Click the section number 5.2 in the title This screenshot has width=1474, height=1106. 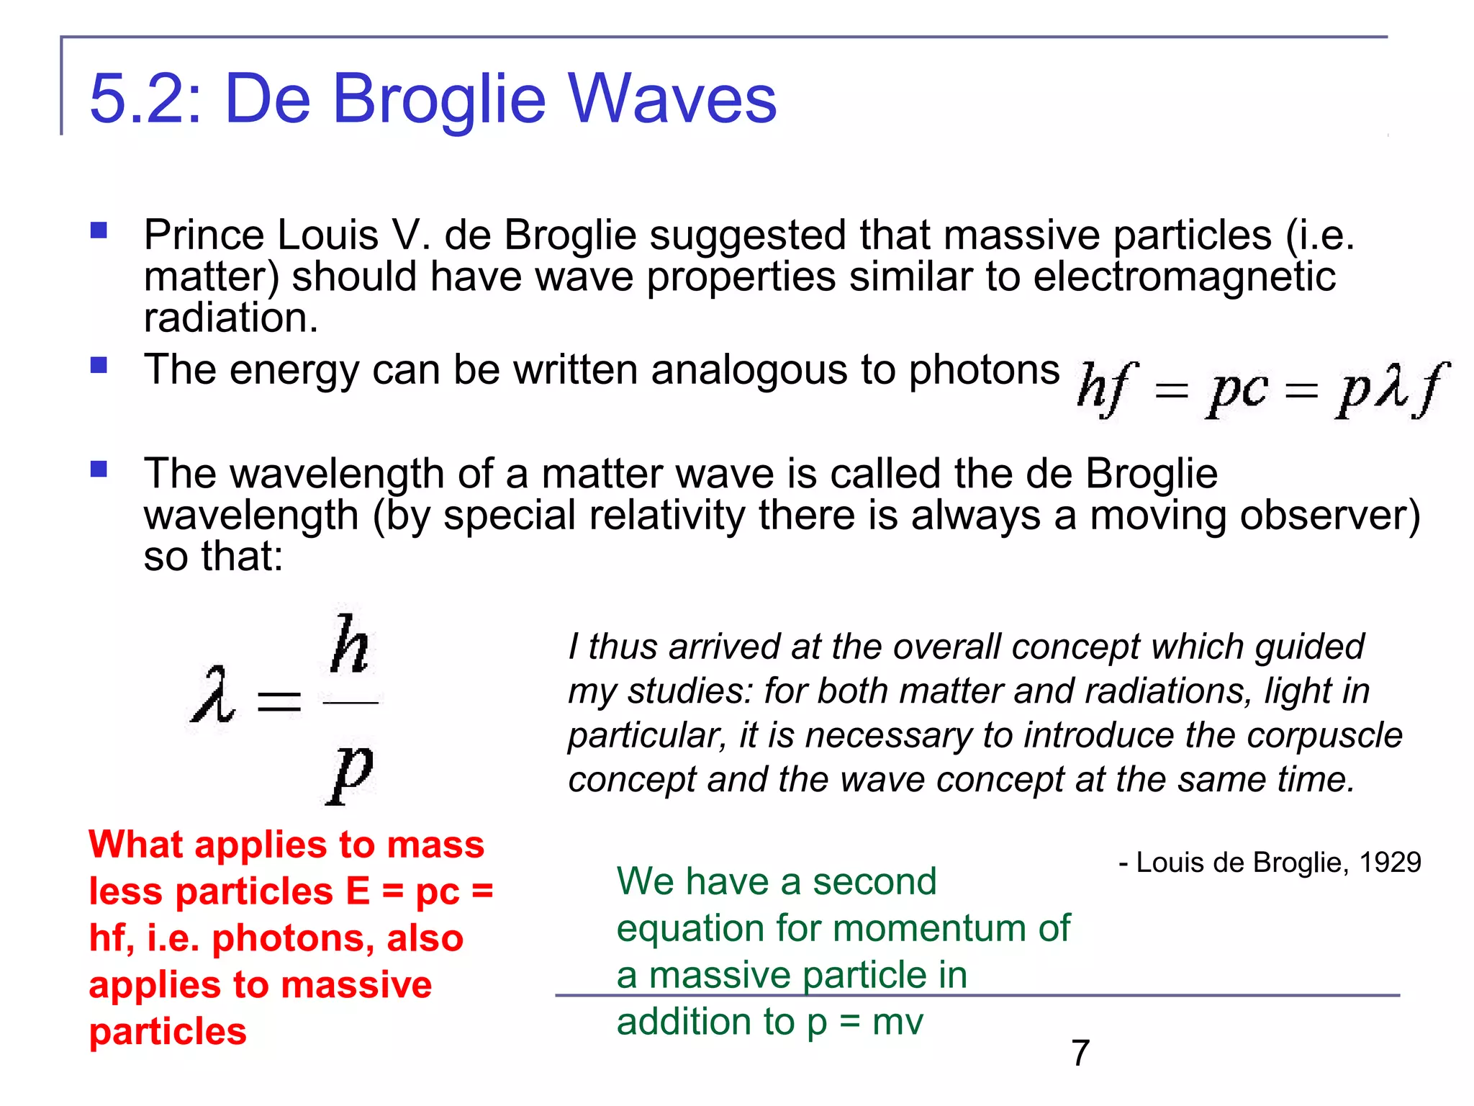click(x=137, y=99)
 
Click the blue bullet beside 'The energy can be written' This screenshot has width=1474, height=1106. click(x=99, y=365)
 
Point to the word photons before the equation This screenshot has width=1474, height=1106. click(x=984, y=371)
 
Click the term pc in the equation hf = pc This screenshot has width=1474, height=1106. click(x=1236, y=391)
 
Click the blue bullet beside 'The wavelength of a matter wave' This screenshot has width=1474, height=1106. click(x=99, y=469)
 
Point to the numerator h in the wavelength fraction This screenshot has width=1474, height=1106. click(x=351, y=644)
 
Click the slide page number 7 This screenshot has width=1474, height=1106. click(x=1080, y=1053)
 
